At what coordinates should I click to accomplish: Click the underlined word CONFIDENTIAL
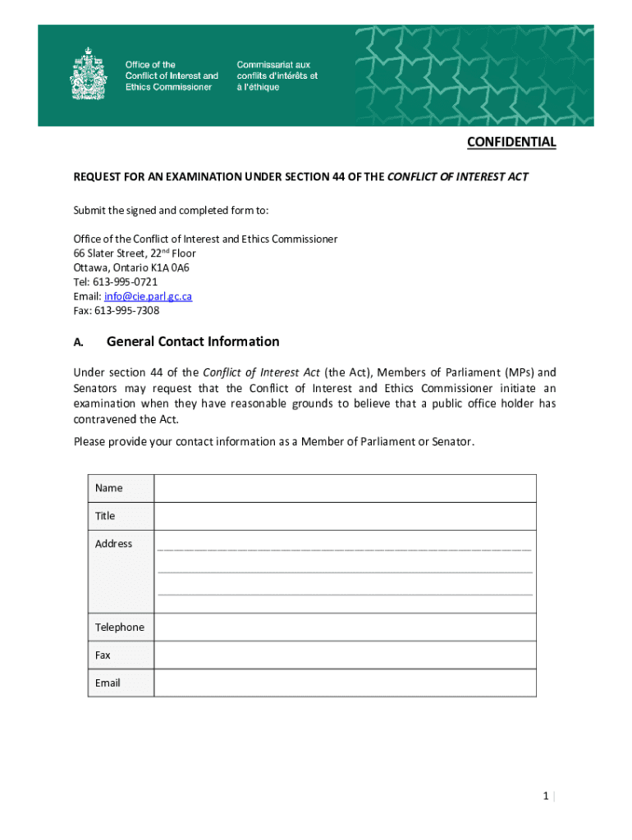point(511,143)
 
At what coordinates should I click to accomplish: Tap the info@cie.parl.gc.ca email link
point(148,296)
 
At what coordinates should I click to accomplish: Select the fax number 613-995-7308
point(126,311)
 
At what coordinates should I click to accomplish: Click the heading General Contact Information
point(193,341)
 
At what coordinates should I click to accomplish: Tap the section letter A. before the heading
point(79,342)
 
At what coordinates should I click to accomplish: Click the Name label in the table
point(109,488)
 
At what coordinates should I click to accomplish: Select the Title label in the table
point(105,516)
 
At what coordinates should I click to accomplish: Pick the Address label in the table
point(113,544)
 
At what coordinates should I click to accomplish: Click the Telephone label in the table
point(119,628)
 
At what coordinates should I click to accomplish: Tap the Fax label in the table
point(103,655)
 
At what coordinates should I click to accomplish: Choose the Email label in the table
point(108,683)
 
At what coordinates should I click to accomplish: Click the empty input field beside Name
point(345,488)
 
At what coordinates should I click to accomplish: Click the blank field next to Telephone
point(345,628)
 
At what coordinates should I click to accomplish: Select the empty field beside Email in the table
point(345,683)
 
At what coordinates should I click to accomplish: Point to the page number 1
point(545,797)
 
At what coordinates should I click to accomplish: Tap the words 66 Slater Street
point(108,253)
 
